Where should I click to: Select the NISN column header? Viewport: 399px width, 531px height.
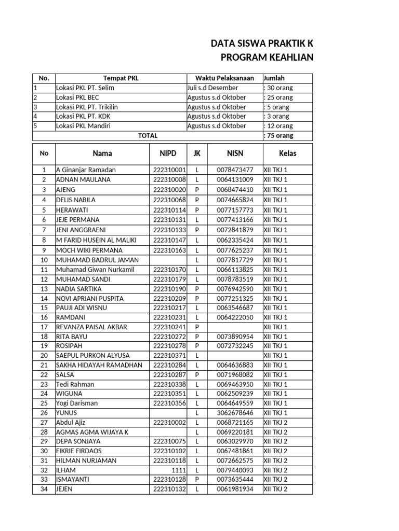point(235,153)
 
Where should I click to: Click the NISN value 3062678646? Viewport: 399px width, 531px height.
point(235,413)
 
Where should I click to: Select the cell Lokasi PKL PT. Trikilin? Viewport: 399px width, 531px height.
point(86,107)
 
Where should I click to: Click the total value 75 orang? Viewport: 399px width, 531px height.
point(279,135)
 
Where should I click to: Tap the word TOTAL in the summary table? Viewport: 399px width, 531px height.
point(148,135)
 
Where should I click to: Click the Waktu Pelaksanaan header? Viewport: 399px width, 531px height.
point(224,78)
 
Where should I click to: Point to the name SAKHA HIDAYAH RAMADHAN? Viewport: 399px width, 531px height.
point(99,365)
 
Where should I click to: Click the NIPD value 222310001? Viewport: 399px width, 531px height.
point(169,170)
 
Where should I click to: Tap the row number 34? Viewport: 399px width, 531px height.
point(44,489)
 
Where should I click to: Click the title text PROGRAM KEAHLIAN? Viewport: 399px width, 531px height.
point(263,57)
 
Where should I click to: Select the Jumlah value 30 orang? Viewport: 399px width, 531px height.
point(279,88)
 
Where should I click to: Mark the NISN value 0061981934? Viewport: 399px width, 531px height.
point(235,489)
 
